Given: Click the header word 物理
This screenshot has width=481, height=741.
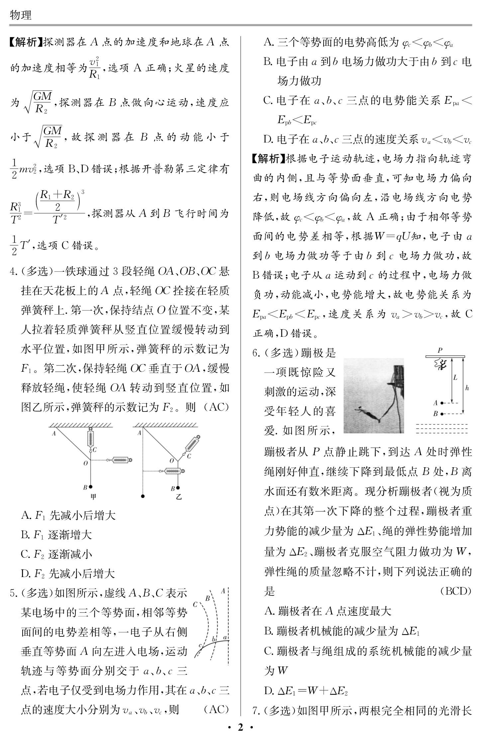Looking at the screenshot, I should tap(21, 15).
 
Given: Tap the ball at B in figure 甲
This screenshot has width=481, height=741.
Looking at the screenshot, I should tap(90, 487).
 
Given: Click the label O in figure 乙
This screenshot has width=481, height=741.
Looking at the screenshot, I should tap(172, 460).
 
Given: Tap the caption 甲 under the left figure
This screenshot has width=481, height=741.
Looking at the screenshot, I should tap(94, 497).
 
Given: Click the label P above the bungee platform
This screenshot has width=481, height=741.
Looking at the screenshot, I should tap(440, 350).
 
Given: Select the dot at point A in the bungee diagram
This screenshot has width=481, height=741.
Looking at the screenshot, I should tap(442, 403).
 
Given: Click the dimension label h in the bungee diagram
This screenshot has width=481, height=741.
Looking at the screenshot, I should tap(467, 388).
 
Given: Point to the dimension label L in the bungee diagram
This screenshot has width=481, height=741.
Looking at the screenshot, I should tap(455, 377).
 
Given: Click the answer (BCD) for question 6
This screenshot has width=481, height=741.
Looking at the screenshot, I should tap(456, 591).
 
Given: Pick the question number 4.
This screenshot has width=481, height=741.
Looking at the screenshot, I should tap(13, 272).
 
